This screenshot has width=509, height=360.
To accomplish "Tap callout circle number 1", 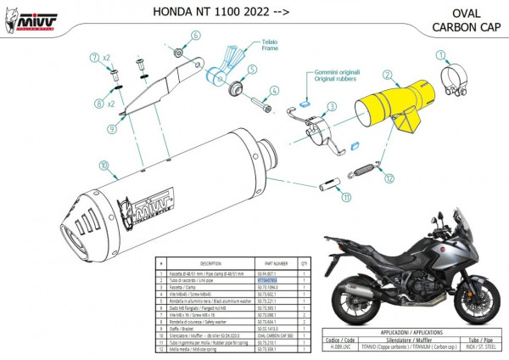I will coord(440,56).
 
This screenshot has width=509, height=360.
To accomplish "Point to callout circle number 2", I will coord(386,76).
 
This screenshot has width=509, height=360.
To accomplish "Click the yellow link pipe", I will coord(395,105).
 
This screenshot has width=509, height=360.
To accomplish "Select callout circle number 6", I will coord(193,36).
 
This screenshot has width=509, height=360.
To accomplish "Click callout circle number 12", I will coord(389,179).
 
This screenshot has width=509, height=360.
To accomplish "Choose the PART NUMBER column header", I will coord(273,263).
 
